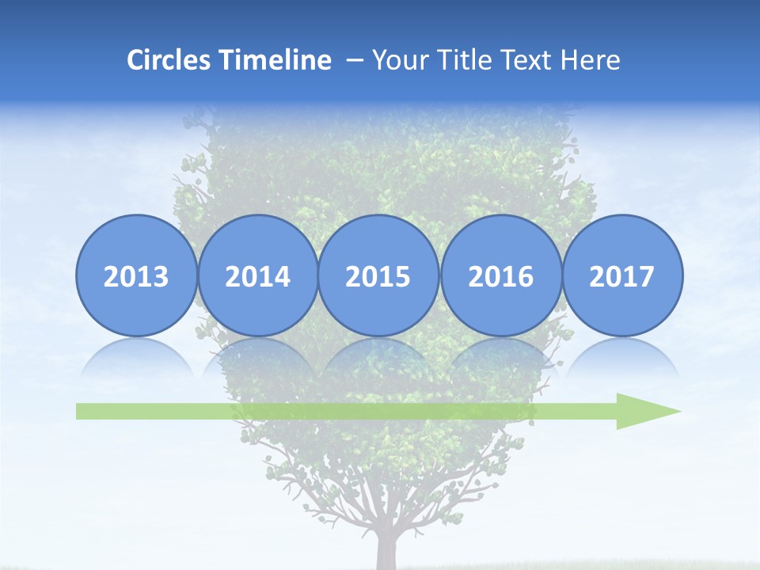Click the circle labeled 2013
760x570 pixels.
click(x=136, y=275)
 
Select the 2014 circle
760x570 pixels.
click(x=257, y=275)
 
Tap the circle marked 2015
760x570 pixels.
click(x=378, y=275)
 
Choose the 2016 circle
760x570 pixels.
click(x=500, y=275)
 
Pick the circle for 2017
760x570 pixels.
click(x=621, y=275)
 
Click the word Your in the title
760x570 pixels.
click(x=397, y=60)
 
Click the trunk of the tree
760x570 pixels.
click(x=388, y=550)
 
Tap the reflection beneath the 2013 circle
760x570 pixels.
click(x=136, y=356)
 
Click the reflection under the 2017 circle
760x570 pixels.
click(x=621, y=356)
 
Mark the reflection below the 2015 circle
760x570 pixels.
click(x=378, y=356)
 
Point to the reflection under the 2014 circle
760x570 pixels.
click(x=257, y=356)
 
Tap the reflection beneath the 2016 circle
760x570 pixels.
click(x=500, y=356)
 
